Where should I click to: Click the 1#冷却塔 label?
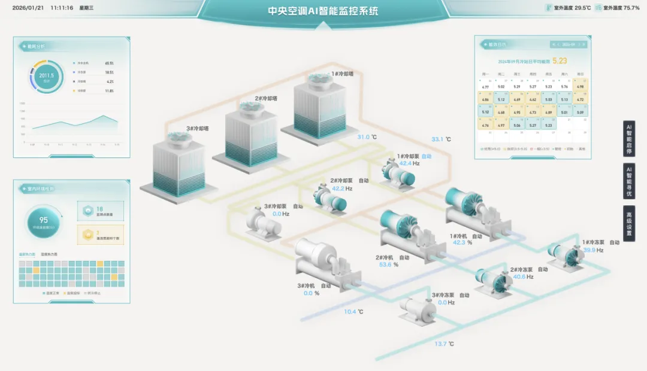pos(342,74)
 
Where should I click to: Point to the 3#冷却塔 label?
pos(197,129)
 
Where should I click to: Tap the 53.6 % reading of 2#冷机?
pos(386,264)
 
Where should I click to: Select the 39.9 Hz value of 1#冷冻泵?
pos(592,250)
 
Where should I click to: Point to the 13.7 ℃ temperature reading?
pos(444,344)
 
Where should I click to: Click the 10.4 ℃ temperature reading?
pos(353,312)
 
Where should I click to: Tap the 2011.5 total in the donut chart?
pos(46,77)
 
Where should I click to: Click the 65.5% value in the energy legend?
pos(109,63)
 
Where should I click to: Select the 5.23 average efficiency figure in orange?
pos(560,60)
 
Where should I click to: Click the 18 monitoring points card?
pos(101,211)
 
